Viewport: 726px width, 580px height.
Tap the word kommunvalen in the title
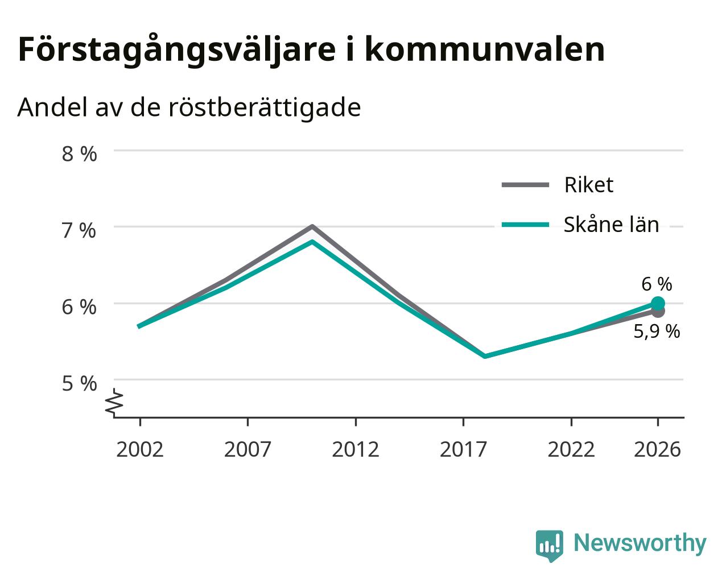tap(485, 49)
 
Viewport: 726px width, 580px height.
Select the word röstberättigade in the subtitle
tap(265, 107)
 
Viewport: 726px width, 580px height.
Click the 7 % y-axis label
tap(79, 230)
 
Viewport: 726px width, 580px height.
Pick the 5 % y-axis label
tap(79, 383)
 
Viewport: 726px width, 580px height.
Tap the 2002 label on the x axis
tap(139, 449)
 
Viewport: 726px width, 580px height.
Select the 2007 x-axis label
tap(247, 449)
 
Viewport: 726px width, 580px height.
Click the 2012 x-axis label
tap(356, 449)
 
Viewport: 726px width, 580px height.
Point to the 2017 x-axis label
tap(463, 449)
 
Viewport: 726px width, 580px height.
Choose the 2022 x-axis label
tap(571, 449)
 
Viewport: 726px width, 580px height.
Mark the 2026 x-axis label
tap(658, 449)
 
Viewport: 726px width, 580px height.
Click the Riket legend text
tap(589, 185)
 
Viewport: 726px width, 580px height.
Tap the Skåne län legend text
tap(611, 224)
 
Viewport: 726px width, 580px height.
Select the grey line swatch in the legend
tap(525, 185)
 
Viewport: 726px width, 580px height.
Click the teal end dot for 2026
tap(658, 303)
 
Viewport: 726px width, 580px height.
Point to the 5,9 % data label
tap(657, 331)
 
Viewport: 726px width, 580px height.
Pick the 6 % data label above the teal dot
tap(657, 284)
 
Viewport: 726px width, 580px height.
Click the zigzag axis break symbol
tap(114, 401)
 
